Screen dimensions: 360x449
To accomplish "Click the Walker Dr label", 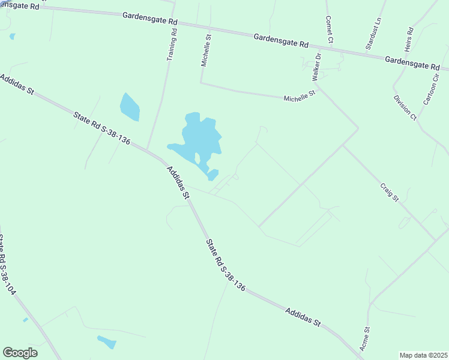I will click(x=316, y=67).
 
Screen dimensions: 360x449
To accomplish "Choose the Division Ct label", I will click(x=405, y=107).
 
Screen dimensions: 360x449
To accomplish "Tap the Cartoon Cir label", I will click(x=431, y=89).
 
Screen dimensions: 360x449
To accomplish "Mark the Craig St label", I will click(x=389, y=192).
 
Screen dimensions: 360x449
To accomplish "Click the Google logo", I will click(x=20, y=352).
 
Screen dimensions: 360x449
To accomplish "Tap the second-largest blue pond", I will click(x=130, y=107).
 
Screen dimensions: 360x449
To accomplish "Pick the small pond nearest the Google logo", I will click(x=107, y=342).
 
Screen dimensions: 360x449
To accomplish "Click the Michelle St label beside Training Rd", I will click(x=206, y=50).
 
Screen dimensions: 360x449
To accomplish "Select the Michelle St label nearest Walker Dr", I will click(x=300, y=95).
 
